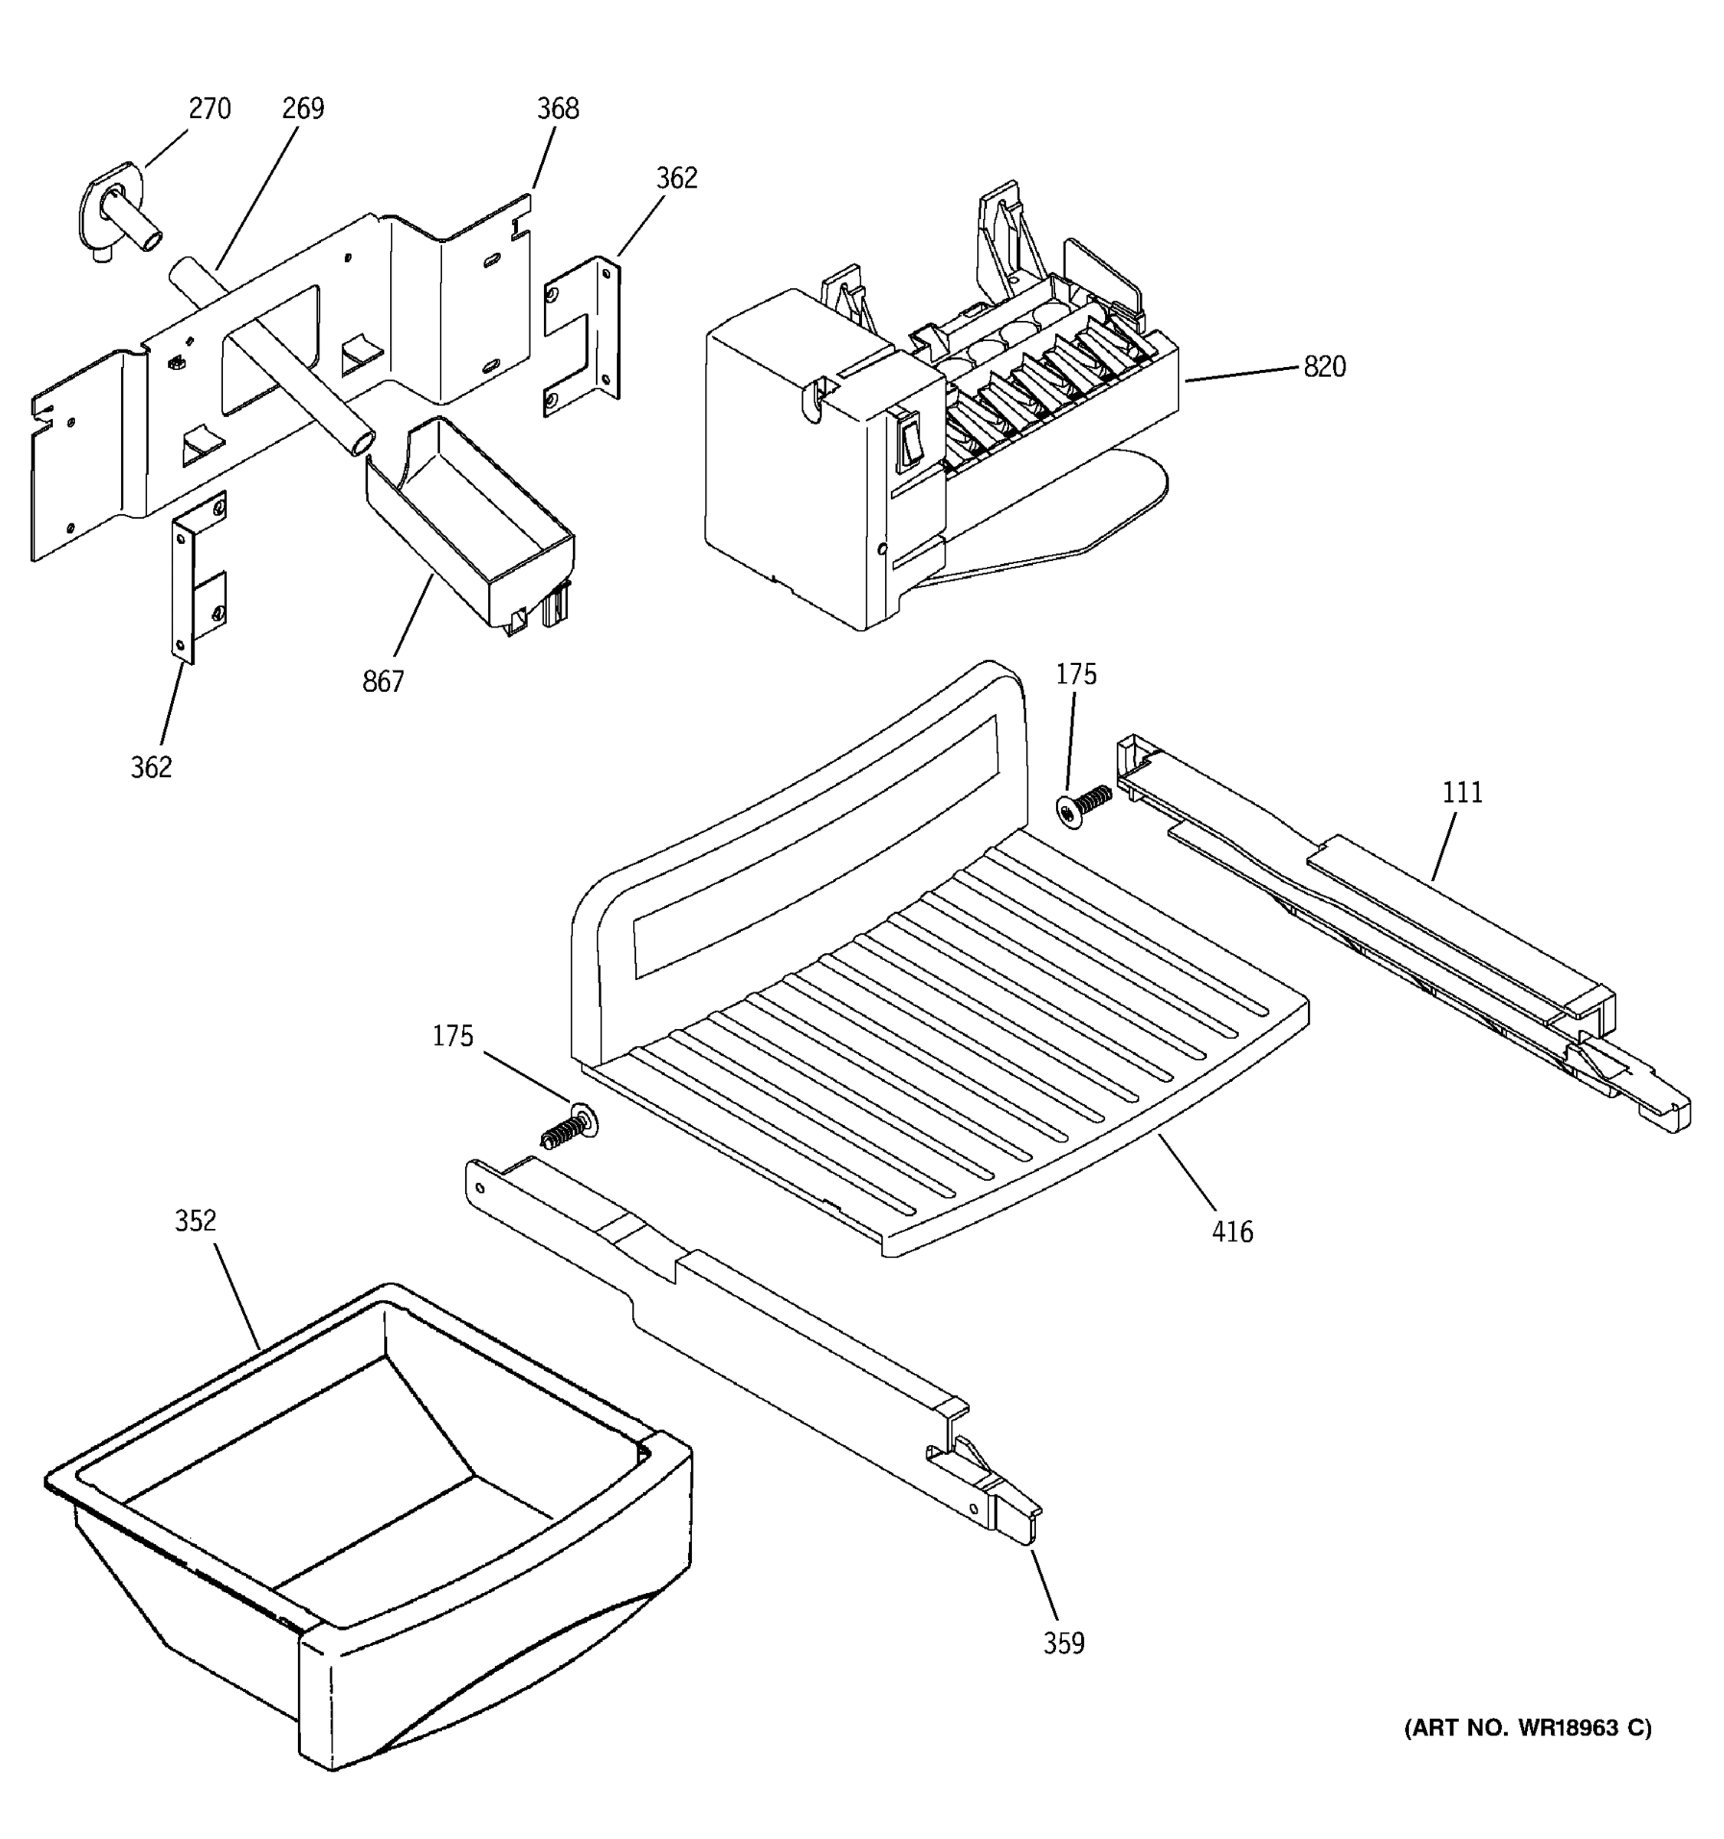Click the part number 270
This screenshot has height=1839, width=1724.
[209, 109]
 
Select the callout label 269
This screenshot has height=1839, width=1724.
[303, 109]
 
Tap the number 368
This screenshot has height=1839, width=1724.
[558, 109]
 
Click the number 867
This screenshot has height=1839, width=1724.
[383, 682]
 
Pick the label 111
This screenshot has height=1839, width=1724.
[1461, 793]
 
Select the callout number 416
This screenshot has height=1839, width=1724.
[1232, 1232]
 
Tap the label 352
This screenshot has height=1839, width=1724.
[195, 1221]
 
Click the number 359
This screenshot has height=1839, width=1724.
[1063, 1644]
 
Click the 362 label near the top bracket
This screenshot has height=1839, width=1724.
[676, 179]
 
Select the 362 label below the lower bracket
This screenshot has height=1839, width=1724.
[151, 768]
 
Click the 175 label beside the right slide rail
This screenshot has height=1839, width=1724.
[1076, 674]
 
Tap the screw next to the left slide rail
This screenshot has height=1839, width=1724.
[569, 1126]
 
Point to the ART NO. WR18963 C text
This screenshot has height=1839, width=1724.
[1527, 1727]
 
